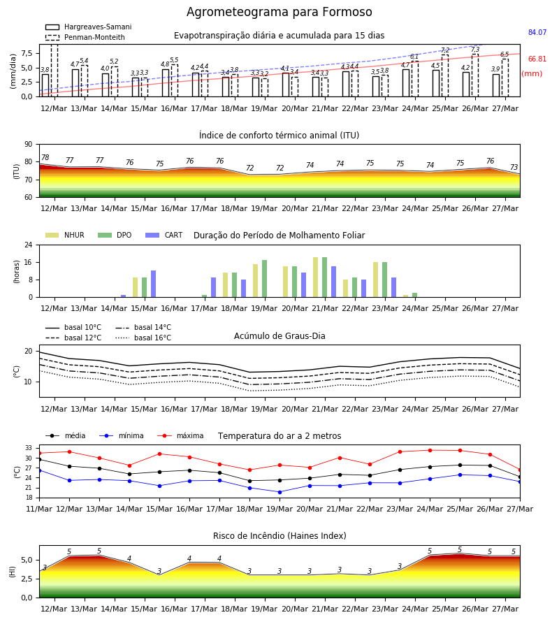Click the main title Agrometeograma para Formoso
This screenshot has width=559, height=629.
pos(279,12)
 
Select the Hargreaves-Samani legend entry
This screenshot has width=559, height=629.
pos(89,27)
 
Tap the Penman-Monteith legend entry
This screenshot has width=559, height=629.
pos(85,37)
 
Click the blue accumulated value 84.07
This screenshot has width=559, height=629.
pos(537,32)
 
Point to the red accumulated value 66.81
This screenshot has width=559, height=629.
pos(537,59)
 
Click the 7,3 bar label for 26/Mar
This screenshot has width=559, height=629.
pos(475,50)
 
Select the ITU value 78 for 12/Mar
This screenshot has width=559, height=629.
pos(45,157)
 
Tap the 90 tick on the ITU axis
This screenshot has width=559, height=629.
pos(29,145)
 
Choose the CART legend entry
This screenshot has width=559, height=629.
pos(164,235)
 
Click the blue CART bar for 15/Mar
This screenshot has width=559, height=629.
pos(153,284)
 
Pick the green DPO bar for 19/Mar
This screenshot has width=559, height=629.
pos(265,279)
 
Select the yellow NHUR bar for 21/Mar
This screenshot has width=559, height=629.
pos(316,277)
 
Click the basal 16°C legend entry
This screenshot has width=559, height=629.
pos(143,338)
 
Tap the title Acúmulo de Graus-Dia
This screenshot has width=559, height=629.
pos(279,335)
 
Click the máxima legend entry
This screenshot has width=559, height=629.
pos(180,435)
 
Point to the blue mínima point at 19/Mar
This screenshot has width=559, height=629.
pos(280,492)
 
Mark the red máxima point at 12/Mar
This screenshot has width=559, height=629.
pos(69,451)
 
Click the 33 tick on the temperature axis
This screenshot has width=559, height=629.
pos(29,448)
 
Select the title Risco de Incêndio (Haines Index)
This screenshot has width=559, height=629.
pos(279,536)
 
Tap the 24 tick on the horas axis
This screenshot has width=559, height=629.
pos(29,245)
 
